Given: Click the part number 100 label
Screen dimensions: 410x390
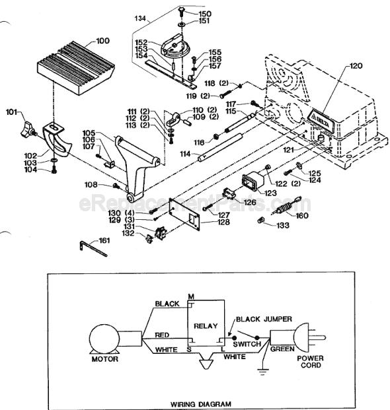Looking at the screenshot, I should (102, 42).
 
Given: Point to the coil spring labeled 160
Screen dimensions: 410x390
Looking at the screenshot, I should (283, 210).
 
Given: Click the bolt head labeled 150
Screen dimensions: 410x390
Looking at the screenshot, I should (180, 11).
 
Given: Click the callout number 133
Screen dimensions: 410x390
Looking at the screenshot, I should (283, 225).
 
